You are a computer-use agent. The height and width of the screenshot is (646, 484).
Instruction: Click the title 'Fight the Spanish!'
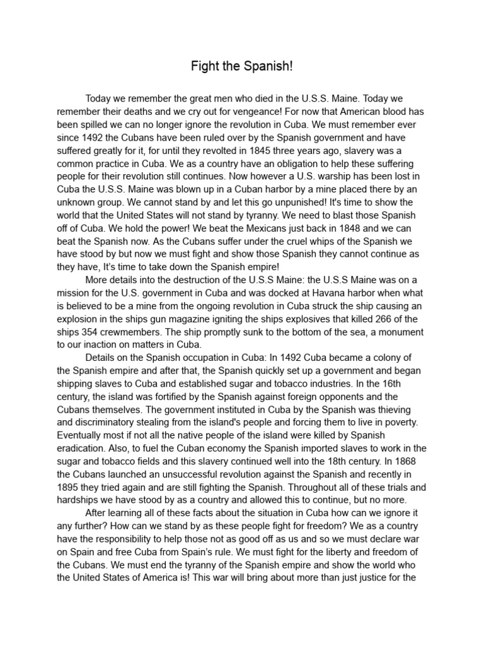pos(242,68)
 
